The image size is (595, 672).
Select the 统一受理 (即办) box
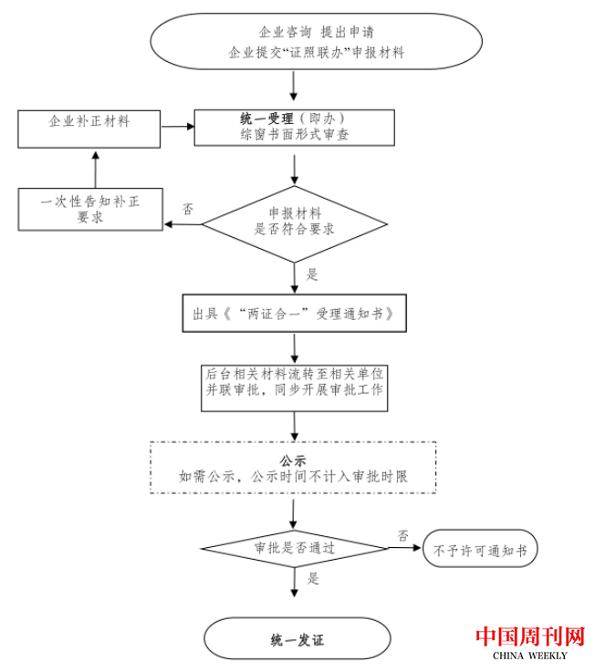[294, 127]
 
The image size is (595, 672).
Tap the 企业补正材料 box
[89, 127]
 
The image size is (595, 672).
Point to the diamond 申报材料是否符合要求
[294, 222]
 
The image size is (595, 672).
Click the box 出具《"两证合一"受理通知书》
[294, 314]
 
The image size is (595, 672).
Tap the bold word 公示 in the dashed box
[294, 460]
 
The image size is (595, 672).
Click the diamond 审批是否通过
[294, 549]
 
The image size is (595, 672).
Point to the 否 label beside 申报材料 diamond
[188, 209]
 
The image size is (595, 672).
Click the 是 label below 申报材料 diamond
[312, 274]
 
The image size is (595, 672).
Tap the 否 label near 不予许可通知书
[402, 533]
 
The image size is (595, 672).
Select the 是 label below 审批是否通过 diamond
[312, 578]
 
